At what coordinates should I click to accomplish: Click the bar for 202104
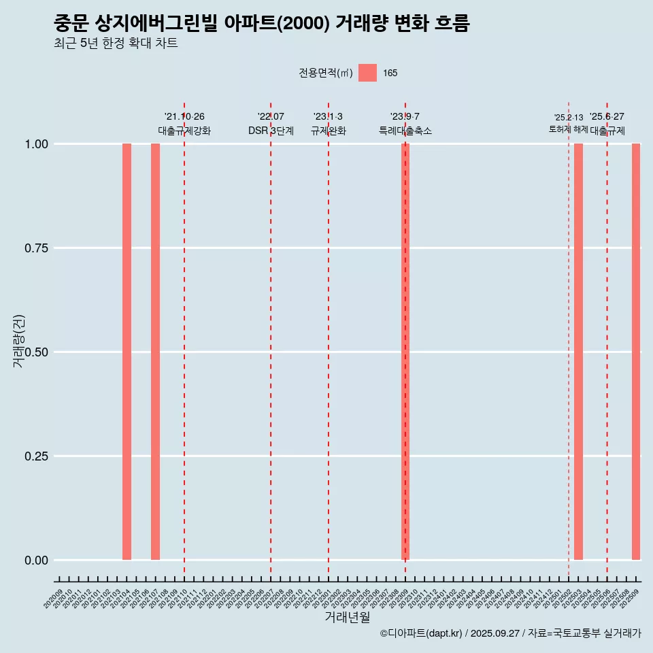coord(127,352)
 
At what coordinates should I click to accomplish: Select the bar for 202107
coord(155,352)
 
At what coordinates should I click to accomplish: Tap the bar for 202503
coord(578,352)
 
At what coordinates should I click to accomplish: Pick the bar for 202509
coord(636,352)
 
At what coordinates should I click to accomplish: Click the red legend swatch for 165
coord(367,73)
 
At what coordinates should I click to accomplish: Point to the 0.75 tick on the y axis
coord(35,248)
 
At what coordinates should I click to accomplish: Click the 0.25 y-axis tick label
coord(35,456)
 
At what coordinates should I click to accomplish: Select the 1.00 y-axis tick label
coord(35,144)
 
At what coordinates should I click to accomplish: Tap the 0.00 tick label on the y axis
coord(35,560)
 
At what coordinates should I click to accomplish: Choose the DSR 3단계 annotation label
coord(271,131)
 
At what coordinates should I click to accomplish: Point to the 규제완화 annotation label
coord(329,131)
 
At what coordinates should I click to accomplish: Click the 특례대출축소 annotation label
coord(405,131)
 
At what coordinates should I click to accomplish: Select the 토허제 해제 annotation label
coord(569,129)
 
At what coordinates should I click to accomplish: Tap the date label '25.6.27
coord(607,117)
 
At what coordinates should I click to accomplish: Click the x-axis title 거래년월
coord(348,618)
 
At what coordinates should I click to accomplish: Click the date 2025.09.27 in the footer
coord(495,633)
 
